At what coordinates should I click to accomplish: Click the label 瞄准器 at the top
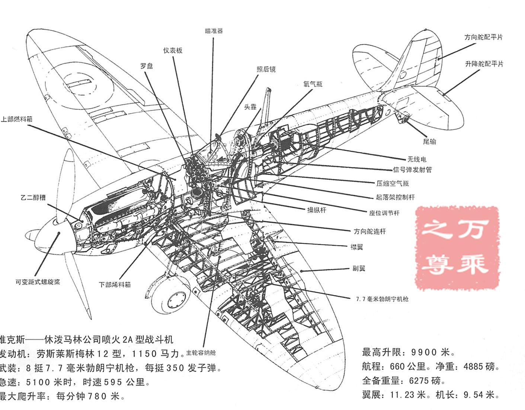[214, 31]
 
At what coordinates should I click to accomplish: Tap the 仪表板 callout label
[173, 50]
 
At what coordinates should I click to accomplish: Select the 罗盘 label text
[147, 66]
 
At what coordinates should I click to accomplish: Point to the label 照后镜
[266, 69]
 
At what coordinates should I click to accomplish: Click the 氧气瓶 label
[313, 84]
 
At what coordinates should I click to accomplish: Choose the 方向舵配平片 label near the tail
[483, 37]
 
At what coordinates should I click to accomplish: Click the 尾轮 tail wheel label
[429, 142]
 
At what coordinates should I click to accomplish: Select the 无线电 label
[416, 159]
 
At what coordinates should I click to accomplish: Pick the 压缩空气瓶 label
[392, 183]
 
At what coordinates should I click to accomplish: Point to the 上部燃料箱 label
[16, 119]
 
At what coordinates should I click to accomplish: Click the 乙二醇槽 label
[33, 197]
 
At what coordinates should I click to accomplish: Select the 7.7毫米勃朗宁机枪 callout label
[382, 299]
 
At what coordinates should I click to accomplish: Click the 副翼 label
[359, 268]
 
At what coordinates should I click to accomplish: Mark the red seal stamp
[457, 248]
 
